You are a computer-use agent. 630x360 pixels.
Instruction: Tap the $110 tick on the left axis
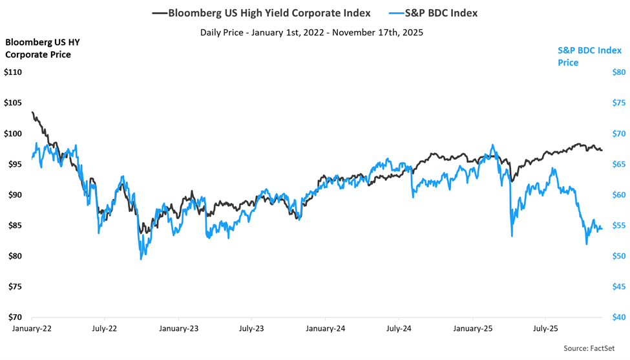click(x=13, y=72)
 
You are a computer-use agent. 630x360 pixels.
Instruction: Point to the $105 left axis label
click(x=13, y=103)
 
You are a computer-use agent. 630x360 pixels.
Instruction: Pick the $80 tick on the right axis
click(x=618, y=72)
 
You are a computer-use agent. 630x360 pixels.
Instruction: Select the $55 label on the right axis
click(x=618, y=226)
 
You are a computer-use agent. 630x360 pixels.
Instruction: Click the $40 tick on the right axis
click(x=618, y=317)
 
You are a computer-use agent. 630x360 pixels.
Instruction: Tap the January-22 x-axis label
click(x=32, y=328)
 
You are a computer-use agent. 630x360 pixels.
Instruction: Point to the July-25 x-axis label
click(x=545, y=328)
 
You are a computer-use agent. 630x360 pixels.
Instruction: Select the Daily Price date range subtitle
click(x=311, y=32)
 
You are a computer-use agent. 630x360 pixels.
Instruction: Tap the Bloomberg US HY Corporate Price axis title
click(x=39, y=48)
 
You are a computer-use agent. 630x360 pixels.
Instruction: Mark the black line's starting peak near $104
click(x=32, y=112)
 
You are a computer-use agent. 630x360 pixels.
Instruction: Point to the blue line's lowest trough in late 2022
click(x=141, y=259)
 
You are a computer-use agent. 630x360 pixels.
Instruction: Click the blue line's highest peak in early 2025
click(x=493, y=145)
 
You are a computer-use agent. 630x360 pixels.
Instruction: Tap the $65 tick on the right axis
click(x=618, y=164)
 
